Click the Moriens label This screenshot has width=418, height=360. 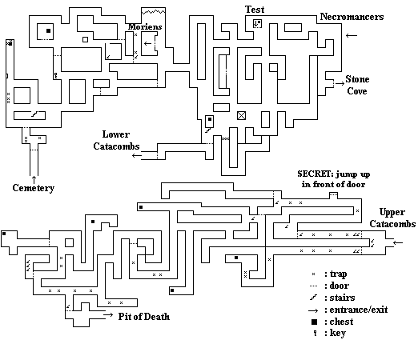[x=145, y=26]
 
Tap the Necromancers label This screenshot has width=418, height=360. [x=352, y=17]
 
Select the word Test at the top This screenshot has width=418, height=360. [x=255, y=10]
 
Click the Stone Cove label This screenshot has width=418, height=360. [x=357, y=85]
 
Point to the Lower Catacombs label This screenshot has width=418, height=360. [x=116, y=140]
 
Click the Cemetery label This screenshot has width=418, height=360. [x=34, y=188]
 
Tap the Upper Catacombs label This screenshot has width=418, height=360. [x=392, y=218]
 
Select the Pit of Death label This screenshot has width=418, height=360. [x=144, y=317]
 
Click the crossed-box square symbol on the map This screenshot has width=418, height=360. [x=241, y=116]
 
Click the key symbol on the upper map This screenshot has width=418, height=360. [x=55, y=75]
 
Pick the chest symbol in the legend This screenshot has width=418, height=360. [x=315, y=322]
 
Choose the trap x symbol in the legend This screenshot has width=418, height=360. [x=313, y=274]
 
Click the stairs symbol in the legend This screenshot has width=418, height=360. [x=314, y=298]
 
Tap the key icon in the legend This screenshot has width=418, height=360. [x=316, y=333]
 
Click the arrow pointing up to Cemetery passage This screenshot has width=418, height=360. [x=34, y=179]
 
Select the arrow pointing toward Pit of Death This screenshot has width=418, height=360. [x=108, y=315]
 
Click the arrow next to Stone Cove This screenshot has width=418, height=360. [x=340, y=83]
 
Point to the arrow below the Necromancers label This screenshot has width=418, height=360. [x=352, y=35]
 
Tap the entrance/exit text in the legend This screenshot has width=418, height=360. [x=359, y=310]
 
